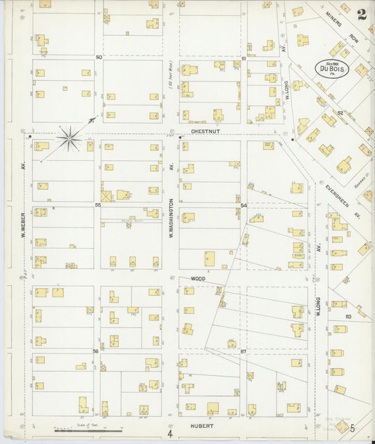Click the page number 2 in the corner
click(x=361, y=14)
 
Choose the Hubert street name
click(x=201, y=426)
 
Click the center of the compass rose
click(x=70, y=137)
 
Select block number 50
click(x=99, y=57)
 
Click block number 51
click(x=243, y=58)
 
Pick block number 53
click(x=348, y=317)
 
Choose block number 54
click(x=243, y=204)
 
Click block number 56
click(x=96, y=351)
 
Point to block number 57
click(x=243, y=350)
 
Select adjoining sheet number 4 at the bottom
click(x=170, y=423)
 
